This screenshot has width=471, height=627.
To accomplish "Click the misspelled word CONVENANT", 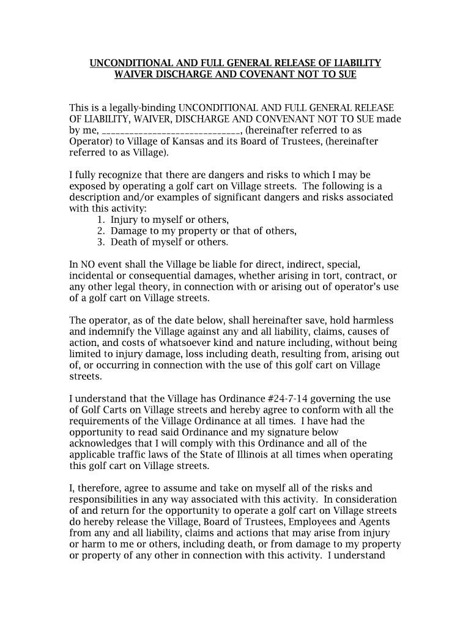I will [288, 119].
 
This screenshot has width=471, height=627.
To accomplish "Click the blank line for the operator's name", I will [172, 130].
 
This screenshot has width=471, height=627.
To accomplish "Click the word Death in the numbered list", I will [124, 242].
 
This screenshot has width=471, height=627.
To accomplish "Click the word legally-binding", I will [132, 108].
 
